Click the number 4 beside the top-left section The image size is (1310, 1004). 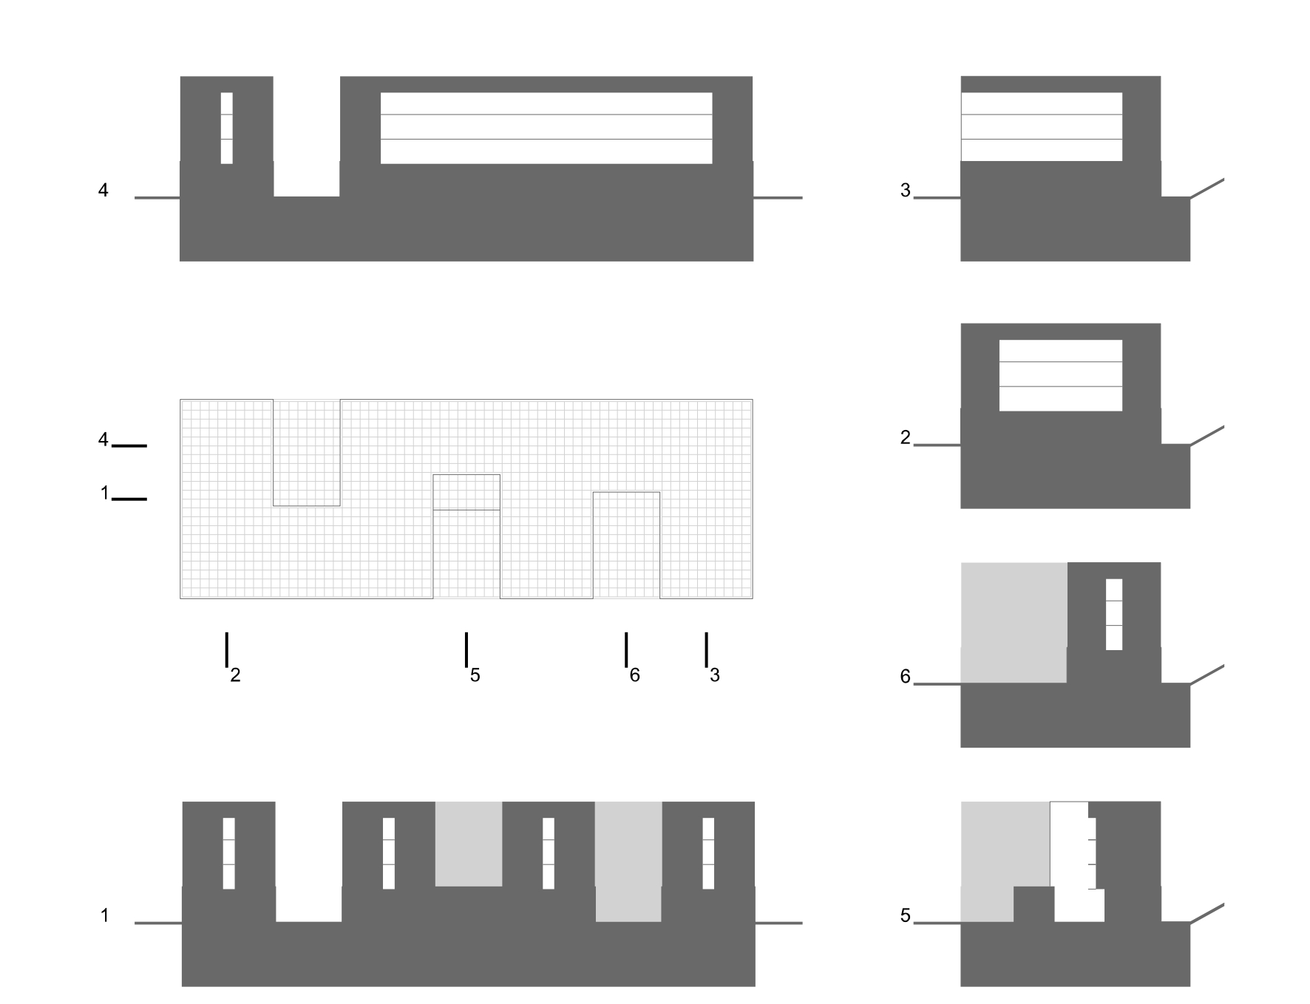(103, 191)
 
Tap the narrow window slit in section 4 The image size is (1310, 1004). (226, 128)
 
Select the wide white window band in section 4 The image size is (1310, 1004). (546, 128)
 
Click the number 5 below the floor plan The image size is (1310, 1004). (475, 675)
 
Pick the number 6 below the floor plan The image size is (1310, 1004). (634, 675)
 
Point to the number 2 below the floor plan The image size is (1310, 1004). (235, 675)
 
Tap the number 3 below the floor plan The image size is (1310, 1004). (715, 675)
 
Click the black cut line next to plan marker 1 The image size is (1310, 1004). (129, 499)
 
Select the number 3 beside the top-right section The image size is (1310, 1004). (905, 191)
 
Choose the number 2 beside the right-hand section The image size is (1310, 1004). (905, 438)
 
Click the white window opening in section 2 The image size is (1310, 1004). (1060, 375)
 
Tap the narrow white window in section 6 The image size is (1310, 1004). (1113, 614)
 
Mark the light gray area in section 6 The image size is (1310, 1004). (1014, 622)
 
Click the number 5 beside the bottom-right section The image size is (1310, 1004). (905, 916)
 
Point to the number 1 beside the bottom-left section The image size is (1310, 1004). (104, 916)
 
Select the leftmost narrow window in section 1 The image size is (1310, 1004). (228, 853)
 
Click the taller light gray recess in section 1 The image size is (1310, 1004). (628, 861)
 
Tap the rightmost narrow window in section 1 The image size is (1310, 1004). (708, 853)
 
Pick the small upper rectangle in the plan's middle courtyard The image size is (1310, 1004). (466, 492)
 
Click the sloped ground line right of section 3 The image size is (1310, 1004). (1207, 188)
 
